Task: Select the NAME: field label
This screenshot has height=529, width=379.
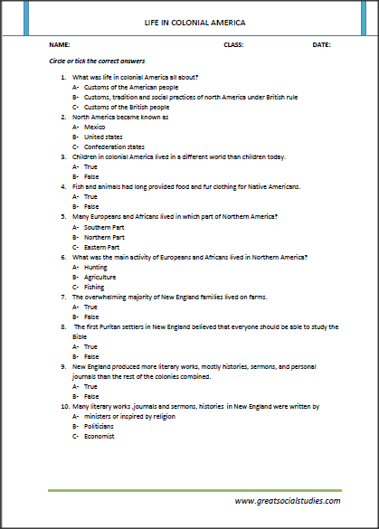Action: pos(60,43)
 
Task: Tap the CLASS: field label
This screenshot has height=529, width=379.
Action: pos(233,43)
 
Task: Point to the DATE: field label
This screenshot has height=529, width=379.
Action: pos(322,43)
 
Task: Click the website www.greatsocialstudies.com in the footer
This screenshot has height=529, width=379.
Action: pos(287,500)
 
